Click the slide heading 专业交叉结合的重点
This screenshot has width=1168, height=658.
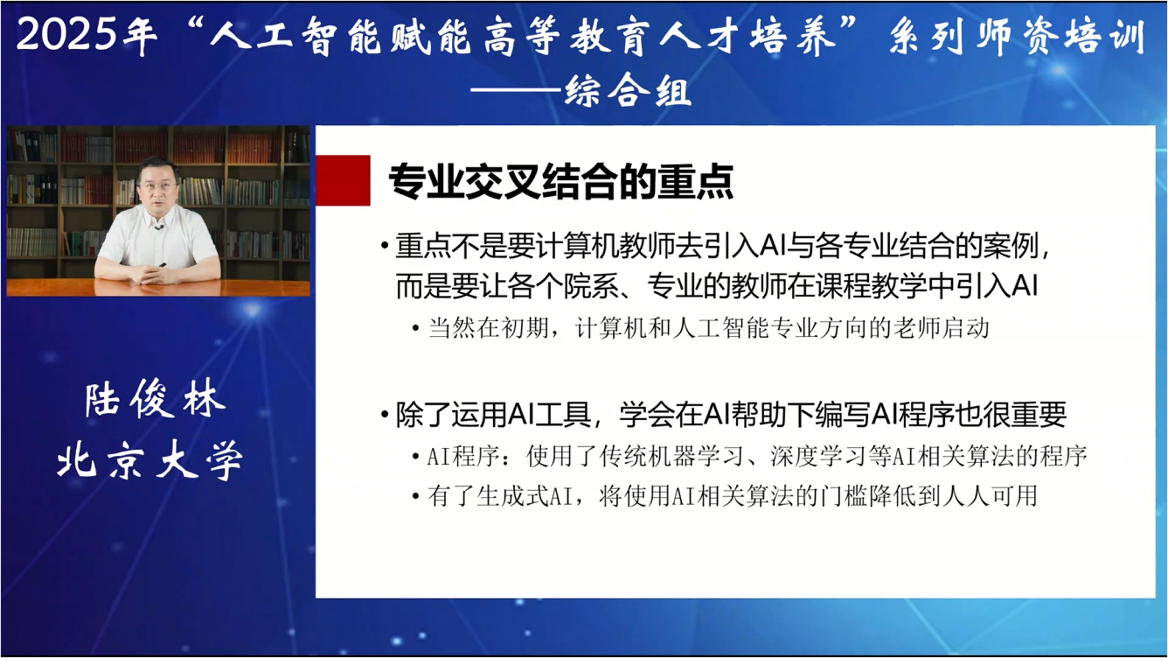(560, 181)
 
